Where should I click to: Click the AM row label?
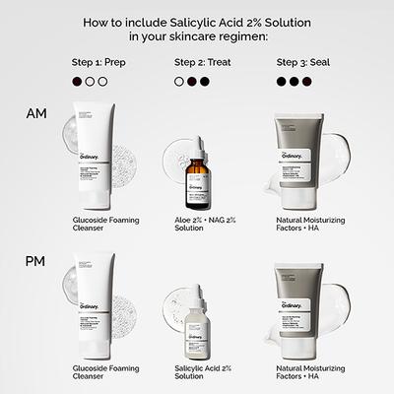(34, 115)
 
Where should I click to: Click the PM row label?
(34, 264)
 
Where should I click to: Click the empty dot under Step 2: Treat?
(179, 83)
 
